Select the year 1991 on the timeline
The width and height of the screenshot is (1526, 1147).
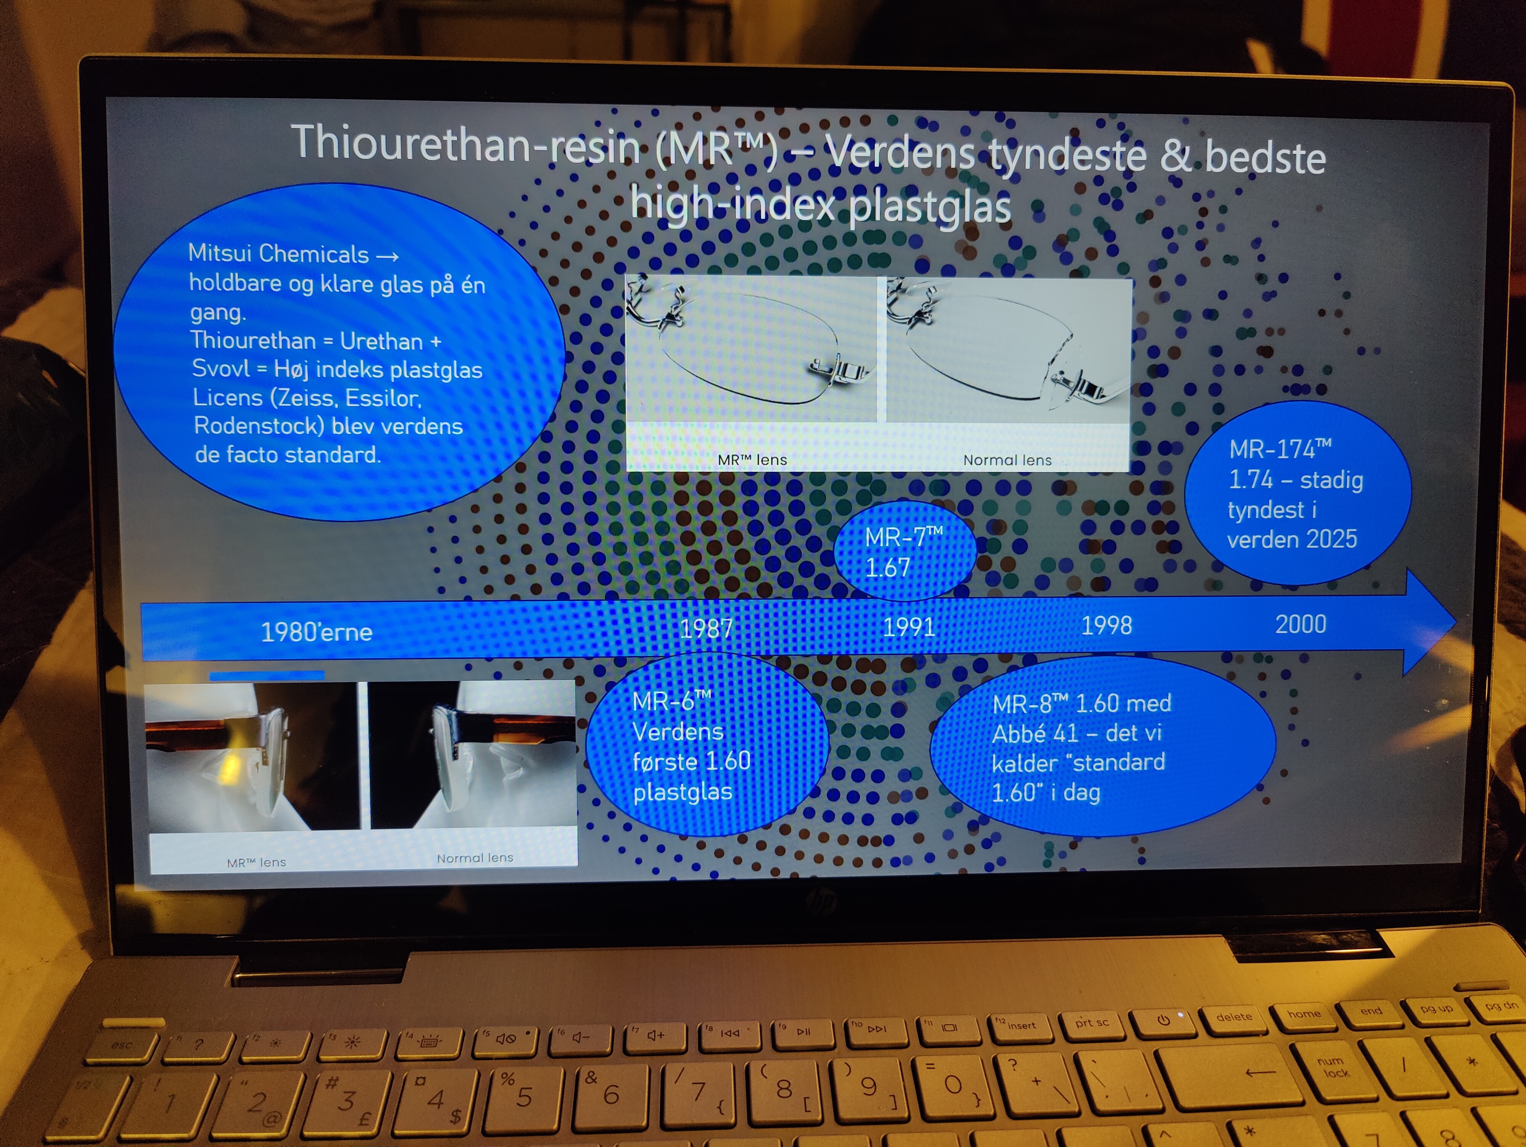(x=909, y=626)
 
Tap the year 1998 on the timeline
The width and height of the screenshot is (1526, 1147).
(x=1107, y=625)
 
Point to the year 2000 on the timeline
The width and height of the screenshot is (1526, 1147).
(x=1301, y=623)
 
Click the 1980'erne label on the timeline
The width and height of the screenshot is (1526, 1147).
(x=317, y=632)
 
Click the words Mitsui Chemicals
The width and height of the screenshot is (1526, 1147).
(x=279, y=254)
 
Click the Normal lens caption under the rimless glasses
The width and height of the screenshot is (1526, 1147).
(x=1007, y=460)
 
